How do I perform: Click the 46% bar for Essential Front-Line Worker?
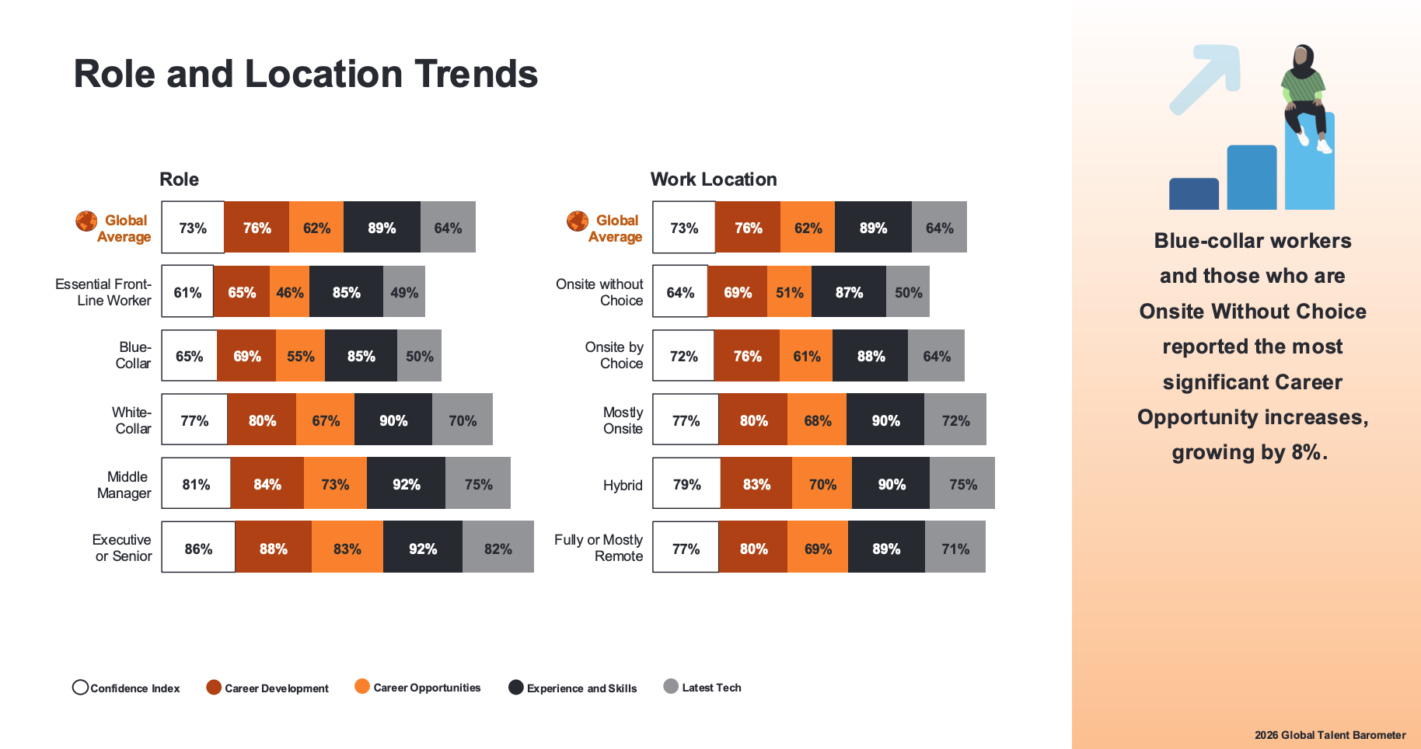coord(289,292)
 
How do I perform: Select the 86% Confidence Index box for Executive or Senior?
coord(198,549)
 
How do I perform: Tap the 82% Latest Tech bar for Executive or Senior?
coord(498,549)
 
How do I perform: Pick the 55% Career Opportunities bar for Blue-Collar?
coord(300,356)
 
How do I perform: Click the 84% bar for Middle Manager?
coord(267,484)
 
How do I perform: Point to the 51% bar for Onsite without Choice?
coord(789,292)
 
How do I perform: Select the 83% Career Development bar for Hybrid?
coord(756,484)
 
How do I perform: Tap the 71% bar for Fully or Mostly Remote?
coord(955,549)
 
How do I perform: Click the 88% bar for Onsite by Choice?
coord(870,356)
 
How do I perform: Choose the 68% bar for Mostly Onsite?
coord(817,420)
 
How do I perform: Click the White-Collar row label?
coord(132,420)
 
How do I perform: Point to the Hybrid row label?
coord(623,485)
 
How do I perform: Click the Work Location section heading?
coord(713,179)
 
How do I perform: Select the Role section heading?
coord(179,179)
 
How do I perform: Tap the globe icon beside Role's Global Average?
coord(86,221)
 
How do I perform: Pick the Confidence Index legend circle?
coord(80,688)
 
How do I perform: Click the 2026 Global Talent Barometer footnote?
coord(1329,735)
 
